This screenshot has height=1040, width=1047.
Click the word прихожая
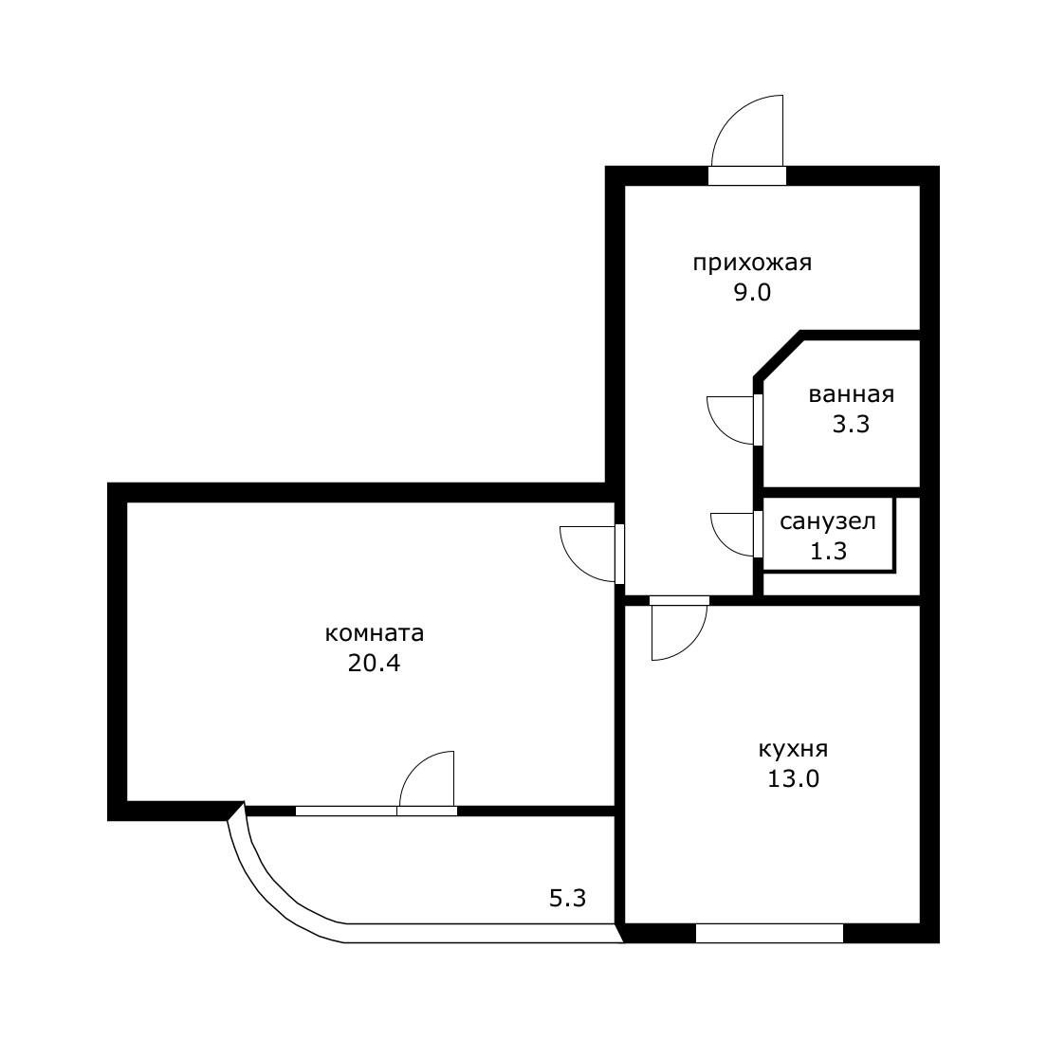tap(752, 263)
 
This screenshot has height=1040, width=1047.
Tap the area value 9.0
tap(753, 293)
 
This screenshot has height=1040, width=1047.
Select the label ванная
tap(852, 394)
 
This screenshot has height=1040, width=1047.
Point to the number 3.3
tap(851, 425)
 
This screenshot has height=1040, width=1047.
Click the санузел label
tap(827, 521)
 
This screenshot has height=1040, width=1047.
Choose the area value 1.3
tap(828, 552)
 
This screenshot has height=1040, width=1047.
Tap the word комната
tap(374, 632)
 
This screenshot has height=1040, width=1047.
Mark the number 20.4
tap(374, 663)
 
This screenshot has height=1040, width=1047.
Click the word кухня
tap(793, 750)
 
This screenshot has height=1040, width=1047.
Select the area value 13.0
tap(793, 779)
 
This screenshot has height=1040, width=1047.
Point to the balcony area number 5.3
tap(567, 899)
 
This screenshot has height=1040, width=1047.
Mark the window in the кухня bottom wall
tap(769, 933)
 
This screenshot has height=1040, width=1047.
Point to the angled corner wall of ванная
tap(779, 355)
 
